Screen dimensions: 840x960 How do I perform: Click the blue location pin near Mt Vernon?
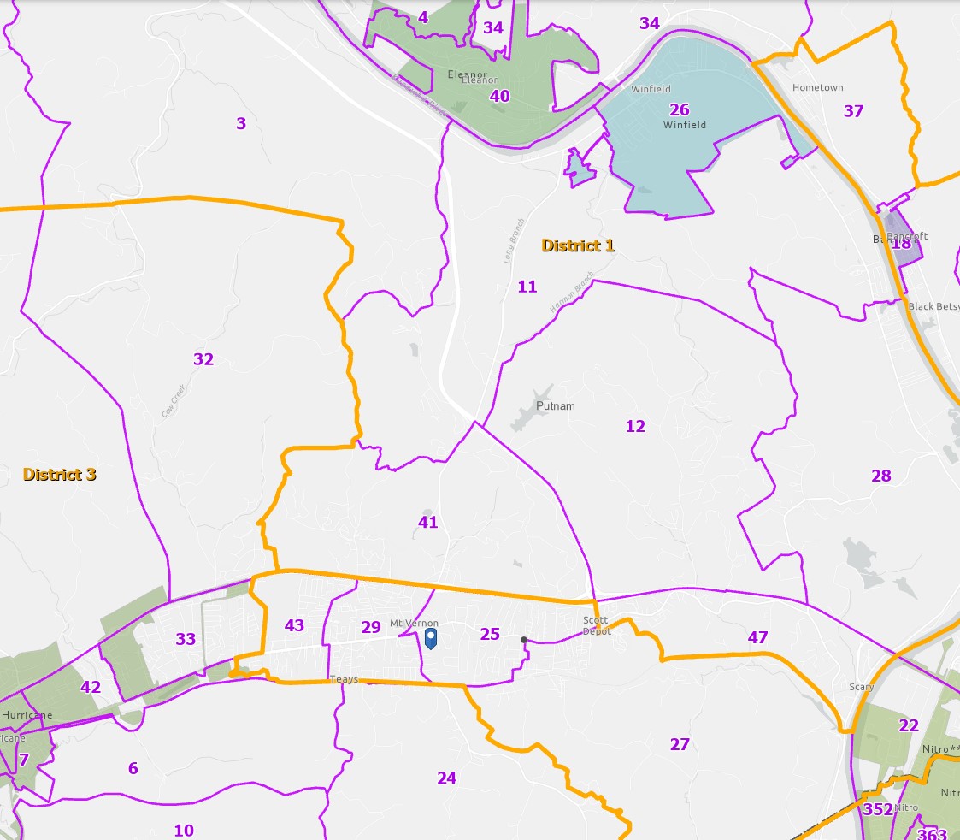[x=431, y=638]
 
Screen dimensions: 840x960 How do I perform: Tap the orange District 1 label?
[x=578, y=245]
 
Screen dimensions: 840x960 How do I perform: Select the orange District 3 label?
[x=59, y=474]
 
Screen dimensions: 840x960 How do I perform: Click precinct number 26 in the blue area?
[x=679, y=109]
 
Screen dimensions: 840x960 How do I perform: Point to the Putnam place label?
[x=556, y=406]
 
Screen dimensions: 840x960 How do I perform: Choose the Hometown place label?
[x=817, y=88]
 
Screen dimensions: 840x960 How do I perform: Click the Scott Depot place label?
[x=597, y=625]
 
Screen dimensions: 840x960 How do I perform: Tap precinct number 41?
[x=428, y=522]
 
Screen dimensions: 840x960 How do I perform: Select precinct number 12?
[x=635, y=426]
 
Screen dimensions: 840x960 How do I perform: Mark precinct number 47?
[x=757, y=637]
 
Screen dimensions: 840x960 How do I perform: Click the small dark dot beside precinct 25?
[x=523, y=639]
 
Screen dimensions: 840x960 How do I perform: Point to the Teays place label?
[x=344, y=680]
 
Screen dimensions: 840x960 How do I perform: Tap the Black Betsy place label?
[x=933, y=307]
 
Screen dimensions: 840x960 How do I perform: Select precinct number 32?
[x=203, y=359]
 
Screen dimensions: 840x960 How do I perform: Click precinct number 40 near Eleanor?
[x=499, y=96]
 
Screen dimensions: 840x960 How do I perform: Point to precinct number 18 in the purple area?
[x=902, y=244]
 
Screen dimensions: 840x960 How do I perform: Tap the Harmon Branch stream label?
[x=571, y=292]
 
